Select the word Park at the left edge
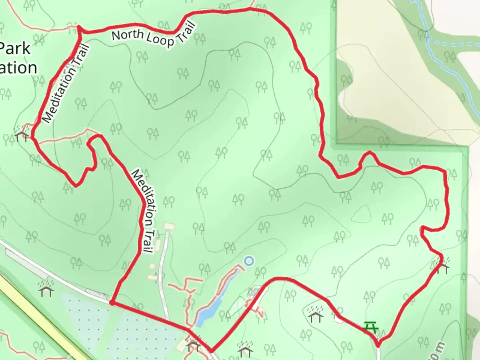pos(15,49)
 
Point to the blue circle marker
pos(248,261)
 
